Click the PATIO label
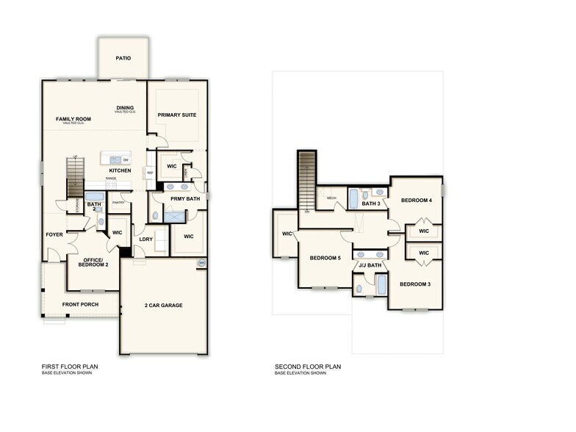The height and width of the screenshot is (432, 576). click(123, 58)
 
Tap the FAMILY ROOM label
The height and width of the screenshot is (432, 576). click(72, 119)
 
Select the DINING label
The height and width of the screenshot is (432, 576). click(125, 108)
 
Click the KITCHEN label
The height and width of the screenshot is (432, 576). click(120, 170)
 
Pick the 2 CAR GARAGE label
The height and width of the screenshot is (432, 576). click(162, 305)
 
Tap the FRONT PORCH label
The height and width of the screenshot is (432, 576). click(80, 304)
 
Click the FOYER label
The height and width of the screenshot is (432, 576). click(54, 235)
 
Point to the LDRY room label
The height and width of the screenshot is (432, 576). click(145, 240)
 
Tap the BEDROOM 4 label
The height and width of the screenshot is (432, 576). click(416, 201)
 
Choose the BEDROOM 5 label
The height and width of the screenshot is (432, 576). click(325, 258)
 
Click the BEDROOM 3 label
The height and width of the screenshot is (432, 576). click(415, 284)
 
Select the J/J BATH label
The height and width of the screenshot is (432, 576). click(370, 264)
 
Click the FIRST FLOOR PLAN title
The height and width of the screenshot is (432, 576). click(70, 366)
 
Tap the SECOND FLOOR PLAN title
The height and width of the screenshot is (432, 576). click(308, 366)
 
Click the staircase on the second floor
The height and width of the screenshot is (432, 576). click(306, 180)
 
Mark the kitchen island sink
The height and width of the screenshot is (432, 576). click(115, 159)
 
